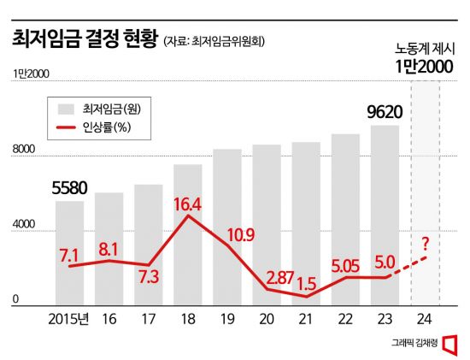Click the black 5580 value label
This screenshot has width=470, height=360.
tap(69, 187)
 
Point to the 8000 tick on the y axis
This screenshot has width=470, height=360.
tap(23, 150)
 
